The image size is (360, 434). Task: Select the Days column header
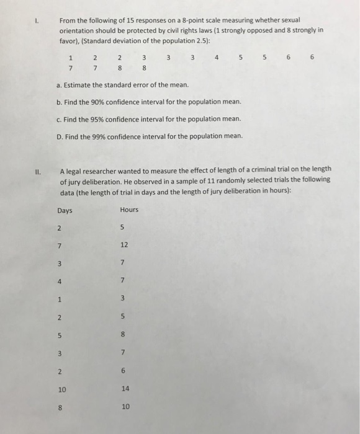[x=64, y=210]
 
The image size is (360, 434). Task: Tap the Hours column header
[x=128, y=210]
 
